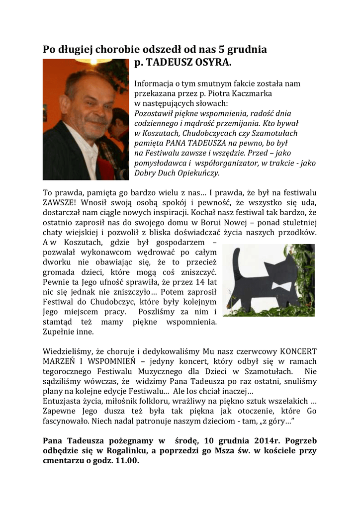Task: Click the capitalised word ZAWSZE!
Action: pos(60,202)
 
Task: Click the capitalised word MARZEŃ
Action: pos(61,362)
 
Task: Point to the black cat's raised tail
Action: pos(238,263)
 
